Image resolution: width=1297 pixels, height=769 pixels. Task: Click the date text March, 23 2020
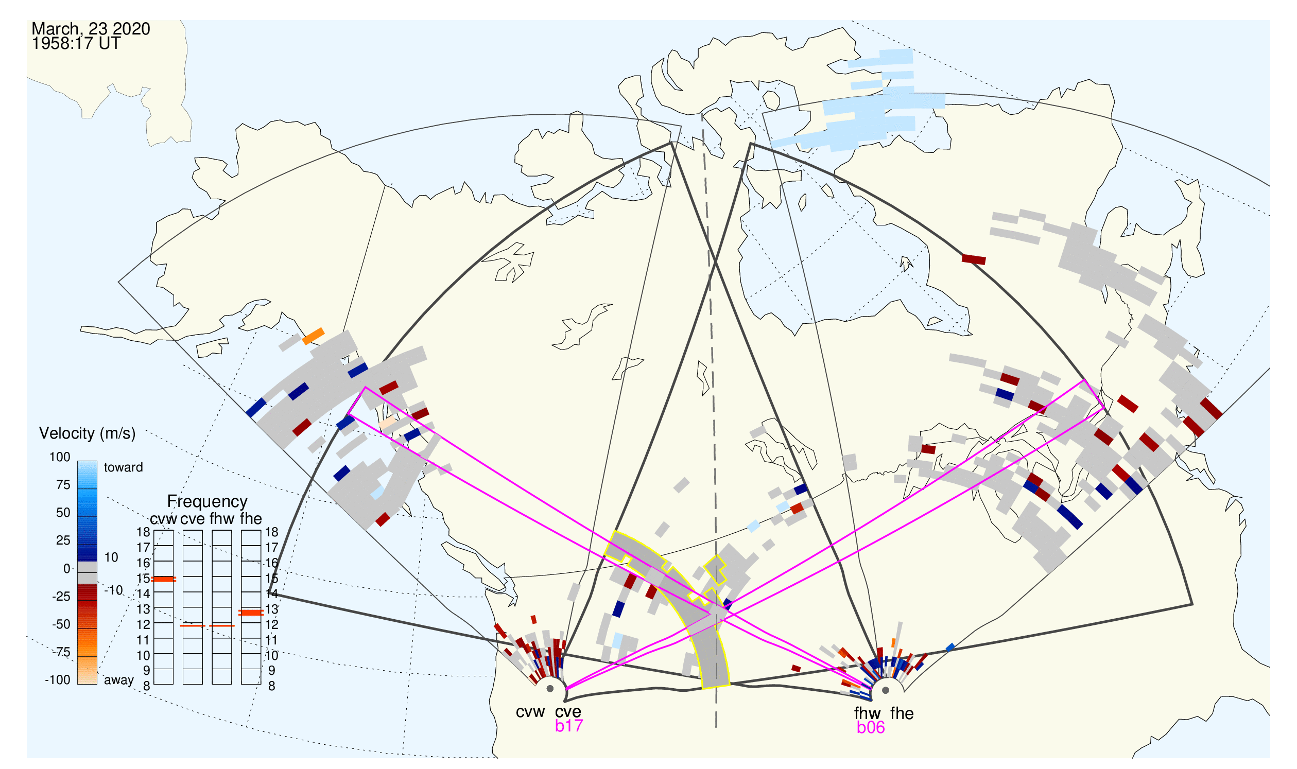point(91,28)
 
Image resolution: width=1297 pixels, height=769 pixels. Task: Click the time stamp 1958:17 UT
point(76,44)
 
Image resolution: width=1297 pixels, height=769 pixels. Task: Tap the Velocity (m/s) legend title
point(87,433)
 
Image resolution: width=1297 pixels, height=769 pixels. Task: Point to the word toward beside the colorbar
point(124,467)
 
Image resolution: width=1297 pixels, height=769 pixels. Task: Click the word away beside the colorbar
point(119,680)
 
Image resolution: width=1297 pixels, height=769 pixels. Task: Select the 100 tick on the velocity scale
point(60,457)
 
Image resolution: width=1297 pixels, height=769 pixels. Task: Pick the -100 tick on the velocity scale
point(58,680)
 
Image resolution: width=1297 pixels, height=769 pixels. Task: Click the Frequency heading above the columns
point(207,502)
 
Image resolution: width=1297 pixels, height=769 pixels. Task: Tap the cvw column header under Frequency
point(163,519)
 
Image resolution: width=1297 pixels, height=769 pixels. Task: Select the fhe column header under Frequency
point(251,519)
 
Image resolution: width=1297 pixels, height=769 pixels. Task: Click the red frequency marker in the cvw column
point(164,580)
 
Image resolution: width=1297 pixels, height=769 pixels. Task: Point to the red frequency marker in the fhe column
point(251,613)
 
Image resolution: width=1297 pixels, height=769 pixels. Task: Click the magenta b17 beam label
point(568,726)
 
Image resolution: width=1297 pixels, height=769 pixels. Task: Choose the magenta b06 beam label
point(870,727)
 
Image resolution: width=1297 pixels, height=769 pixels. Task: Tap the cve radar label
point(568,712)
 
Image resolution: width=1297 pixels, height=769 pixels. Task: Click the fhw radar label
point(867,713)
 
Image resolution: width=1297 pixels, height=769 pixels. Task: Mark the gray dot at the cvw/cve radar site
point(550,689)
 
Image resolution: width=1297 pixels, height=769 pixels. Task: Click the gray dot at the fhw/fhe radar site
point(886,690)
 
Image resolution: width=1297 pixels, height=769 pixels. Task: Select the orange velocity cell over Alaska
point(313,336)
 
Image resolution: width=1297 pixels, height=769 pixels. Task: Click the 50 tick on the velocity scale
point(63,513)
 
